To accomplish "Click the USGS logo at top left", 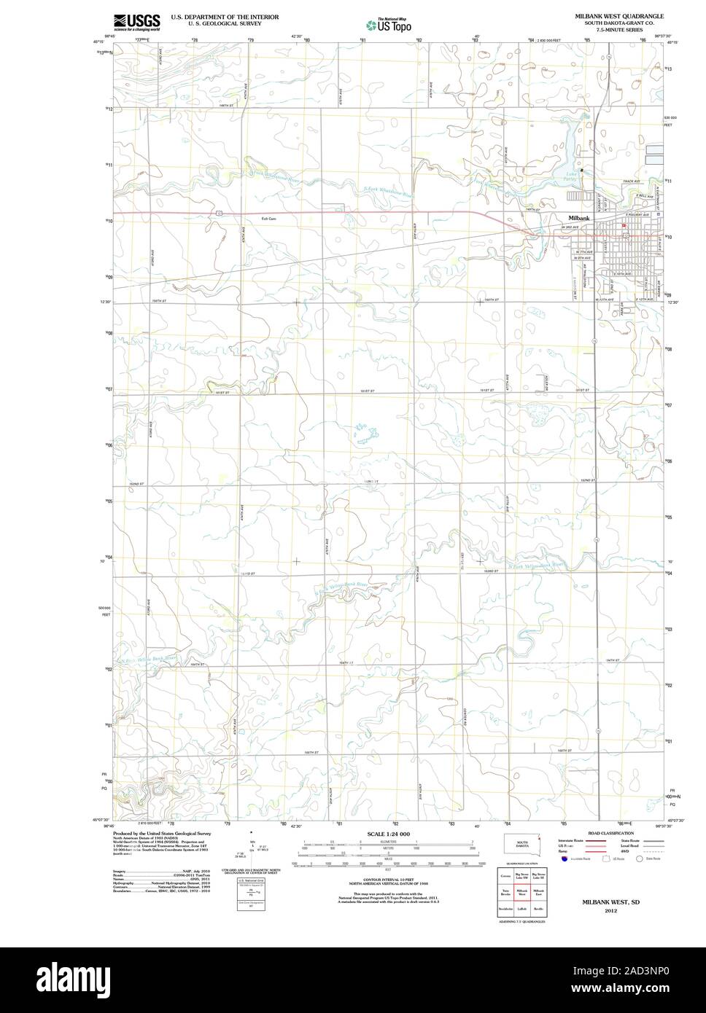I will pyautogui.click(x=136, y=22).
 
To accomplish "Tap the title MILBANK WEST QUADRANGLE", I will pyautogui.click(x=618, y=15).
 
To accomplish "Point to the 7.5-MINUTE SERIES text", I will pyautogui.click(x=618, y=30).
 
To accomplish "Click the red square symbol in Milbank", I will pyautogui.click(x=624, y=226).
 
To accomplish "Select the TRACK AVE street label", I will pyautogui.click(x=631, y=181).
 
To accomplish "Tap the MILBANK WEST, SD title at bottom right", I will pyautogui.click(x=606, y=901).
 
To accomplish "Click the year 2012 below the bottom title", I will pyautogui.click(x=606, y=910).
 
